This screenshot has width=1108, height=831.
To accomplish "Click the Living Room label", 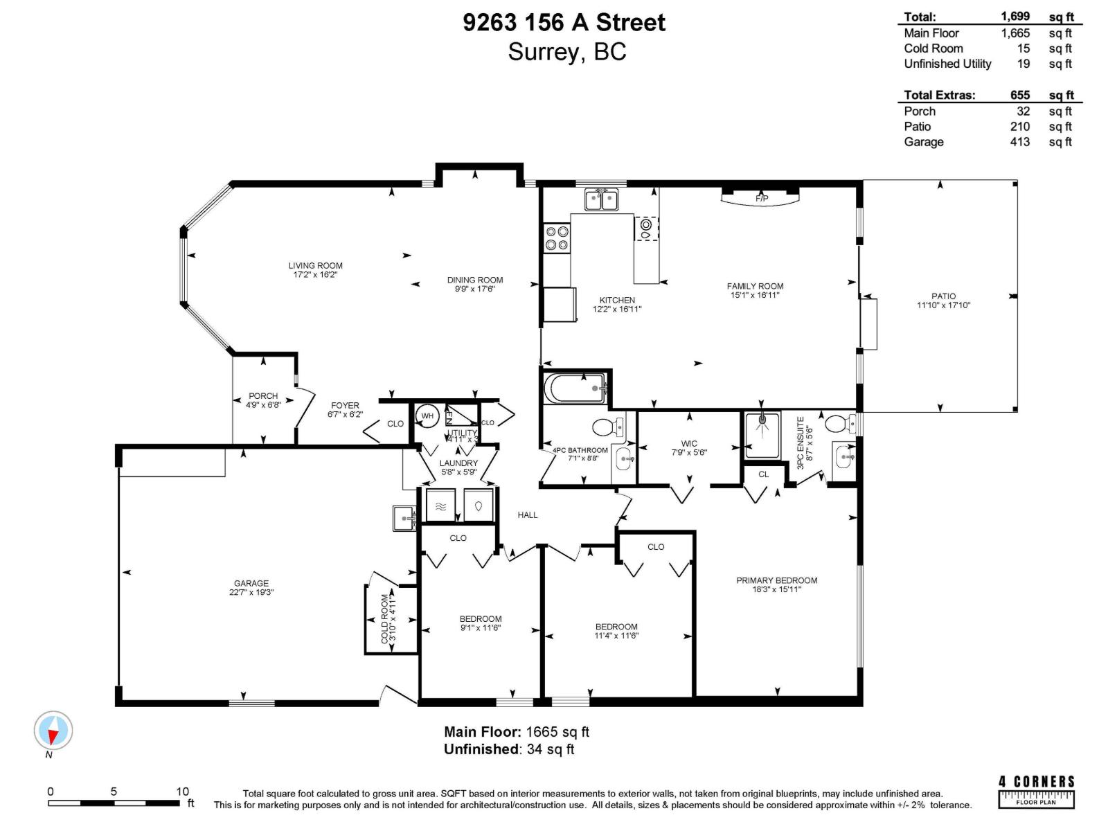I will point(315,265).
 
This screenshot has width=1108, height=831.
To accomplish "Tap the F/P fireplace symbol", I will point(761,199).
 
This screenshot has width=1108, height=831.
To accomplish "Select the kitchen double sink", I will point(601,200).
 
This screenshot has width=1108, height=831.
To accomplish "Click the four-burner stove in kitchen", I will point(557,238).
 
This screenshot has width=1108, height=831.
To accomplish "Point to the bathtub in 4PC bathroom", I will point(575,388).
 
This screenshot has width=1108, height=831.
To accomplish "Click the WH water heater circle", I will point(427,416).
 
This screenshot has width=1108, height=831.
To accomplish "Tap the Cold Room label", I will point(385,618).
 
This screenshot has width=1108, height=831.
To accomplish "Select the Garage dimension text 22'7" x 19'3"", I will point(251,593).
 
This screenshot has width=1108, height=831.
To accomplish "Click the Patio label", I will point(943,296).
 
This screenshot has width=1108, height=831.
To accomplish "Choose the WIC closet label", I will point(689,443).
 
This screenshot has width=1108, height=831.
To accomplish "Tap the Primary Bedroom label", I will point(776,580).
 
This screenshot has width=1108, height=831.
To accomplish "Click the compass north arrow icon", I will point(53,731).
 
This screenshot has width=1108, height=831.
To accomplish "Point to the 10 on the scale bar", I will point(182,792).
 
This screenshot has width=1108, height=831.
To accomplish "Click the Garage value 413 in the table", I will point(1019,142).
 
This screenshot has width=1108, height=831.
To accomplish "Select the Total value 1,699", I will point(1015,17).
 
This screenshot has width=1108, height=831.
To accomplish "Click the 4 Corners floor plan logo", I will point(1036,791).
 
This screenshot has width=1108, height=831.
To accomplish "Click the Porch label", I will point(263,396).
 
